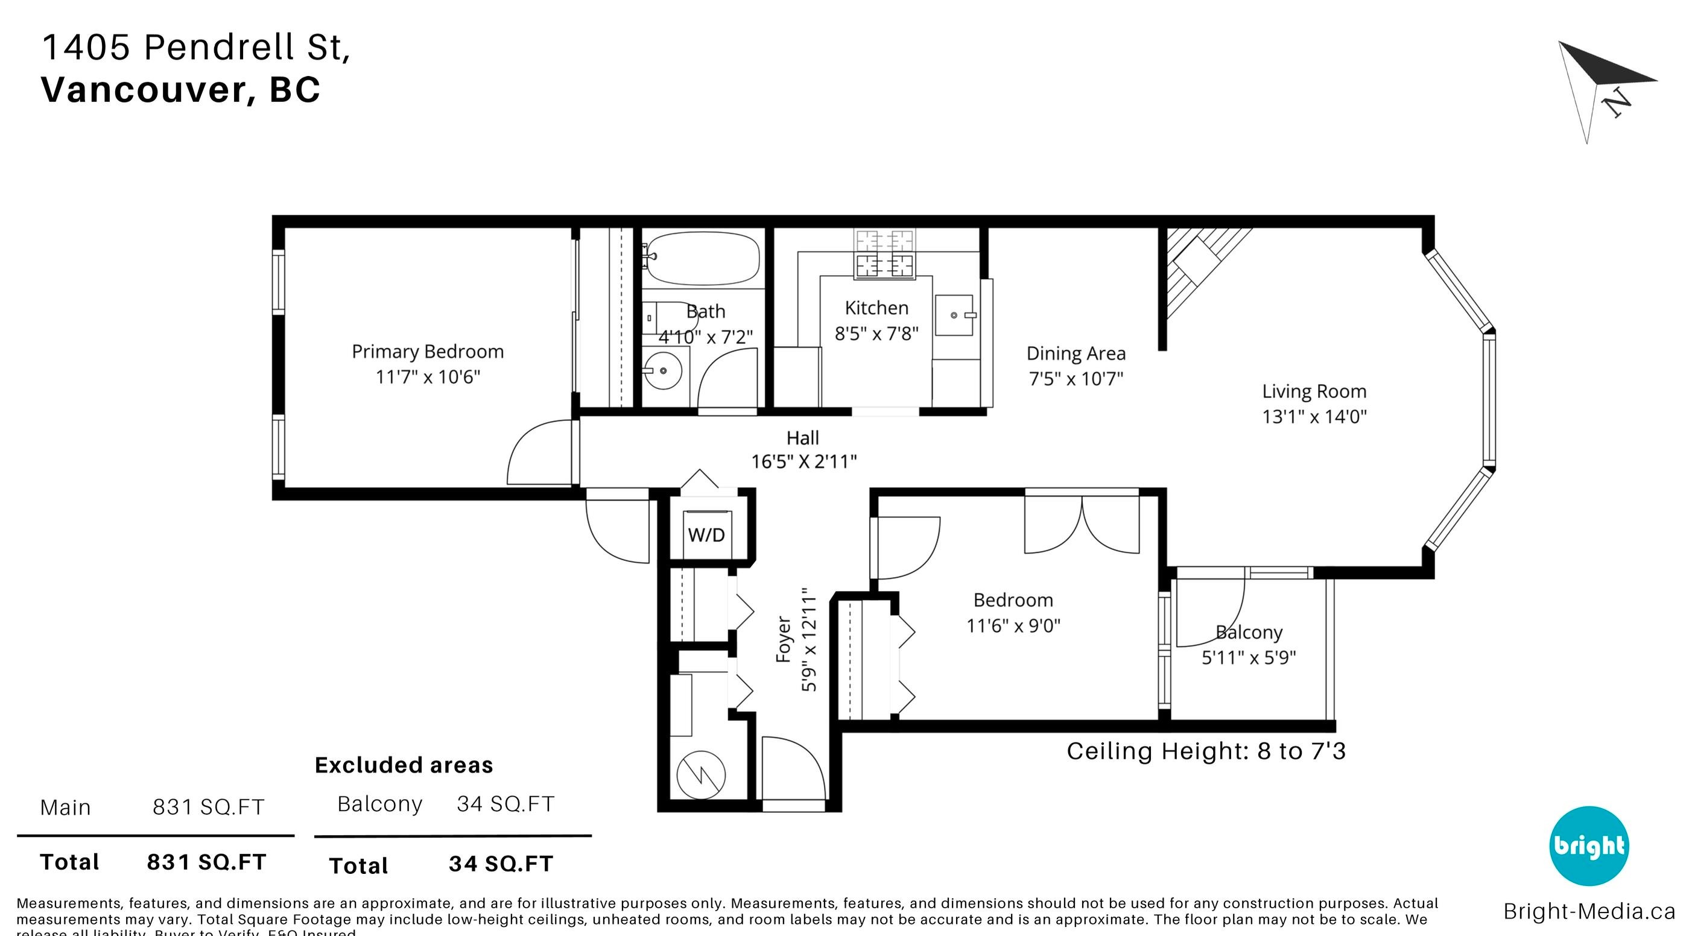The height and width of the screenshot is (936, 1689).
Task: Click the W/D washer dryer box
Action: click(706, 535)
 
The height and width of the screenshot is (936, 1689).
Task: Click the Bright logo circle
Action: click(1589, 846)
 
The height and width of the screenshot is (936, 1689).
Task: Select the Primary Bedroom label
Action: click(428, 352)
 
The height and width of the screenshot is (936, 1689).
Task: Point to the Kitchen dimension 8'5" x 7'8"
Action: click(876, 334)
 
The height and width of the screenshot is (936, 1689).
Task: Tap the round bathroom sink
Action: click(663, 370)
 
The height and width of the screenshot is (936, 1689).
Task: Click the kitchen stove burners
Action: click(884, 255)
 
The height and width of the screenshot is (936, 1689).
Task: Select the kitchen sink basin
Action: click(954, 315)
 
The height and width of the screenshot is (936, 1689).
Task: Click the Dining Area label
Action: click(1076, 354)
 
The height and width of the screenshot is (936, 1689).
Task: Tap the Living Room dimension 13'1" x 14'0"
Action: click(1314, 417)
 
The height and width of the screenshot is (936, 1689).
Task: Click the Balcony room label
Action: click(1249, 633)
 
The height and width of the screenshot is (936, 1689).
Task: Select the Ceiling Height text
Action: click(1205, 751)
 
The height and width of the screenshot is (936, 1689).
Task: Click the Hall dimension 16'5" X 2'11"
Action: click(803, 462)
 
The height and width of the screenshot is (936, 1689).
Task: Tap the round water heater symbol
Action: click(701, 775)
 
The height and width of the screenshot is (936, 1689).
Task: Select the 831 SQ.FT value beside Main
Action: click(209, 808)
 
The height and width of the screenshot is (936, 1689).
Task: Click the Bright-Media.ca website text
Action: click(1589, 912)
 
